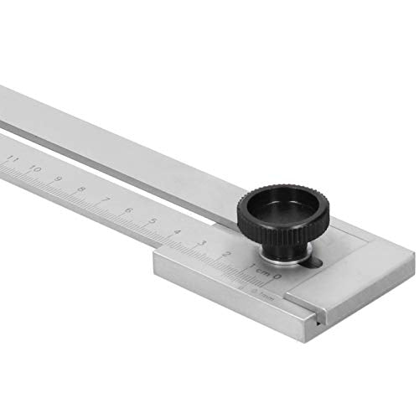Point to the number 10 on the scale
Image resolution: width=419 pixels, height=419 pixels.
pos(35,168)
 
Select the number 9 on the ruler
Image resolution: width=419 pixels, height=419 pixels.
pos(59,178)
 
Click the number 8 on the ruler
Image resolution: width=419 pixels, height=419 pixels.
pos(81,189)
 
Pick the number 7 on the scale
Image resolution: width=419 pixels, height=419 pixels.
pos(105,199)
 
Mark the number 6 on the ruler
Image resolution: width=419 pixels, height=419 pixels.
pos(128,209)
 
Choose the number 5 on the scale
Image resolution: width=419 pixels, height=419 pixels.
pos(153,220)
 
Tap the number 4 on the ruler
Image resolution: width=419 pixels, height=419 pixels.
pos(177,231)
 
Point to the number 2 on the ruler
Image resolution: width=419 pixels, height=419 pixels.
pos(226,253)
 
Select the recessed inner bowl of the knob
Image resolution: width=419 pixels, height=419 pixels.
pos(285,204)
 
